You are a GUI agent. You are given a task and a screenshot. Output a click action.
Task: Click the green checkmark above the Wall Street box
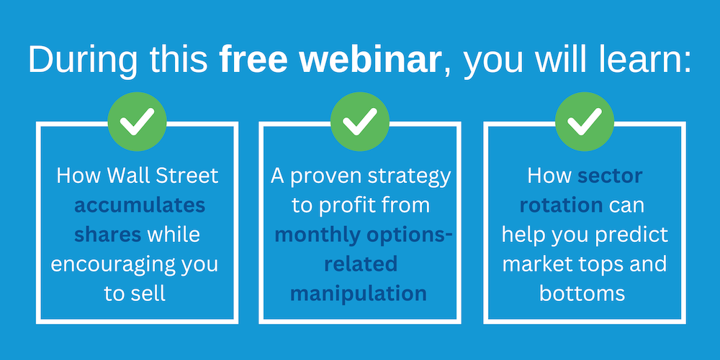137,122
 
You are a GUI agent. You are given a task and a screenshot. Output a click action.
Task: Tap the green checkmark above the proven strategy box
360,122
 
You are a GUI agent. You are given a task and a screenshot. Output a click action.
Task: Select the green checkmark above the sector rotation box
585,122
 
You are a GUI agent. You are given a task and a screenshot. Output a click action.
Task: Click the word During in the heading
83,60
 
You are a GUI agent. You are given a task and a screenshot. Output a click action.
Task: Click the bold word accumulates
140,206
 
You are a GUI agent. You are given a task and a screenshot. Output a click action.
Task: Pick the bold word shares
107,235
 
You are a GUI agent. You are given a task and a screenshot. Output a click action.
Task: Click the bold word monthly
318,235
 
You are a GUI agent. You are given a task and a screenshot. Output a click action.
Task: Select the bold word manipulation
358,294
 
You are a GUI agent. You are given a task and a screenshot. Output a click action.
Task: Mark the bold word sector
610,176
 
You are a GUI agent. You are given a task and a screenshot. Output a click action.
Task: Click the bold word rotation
561,206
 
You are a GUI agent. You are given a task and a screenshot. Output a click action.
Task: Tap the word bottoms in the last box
582,294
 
